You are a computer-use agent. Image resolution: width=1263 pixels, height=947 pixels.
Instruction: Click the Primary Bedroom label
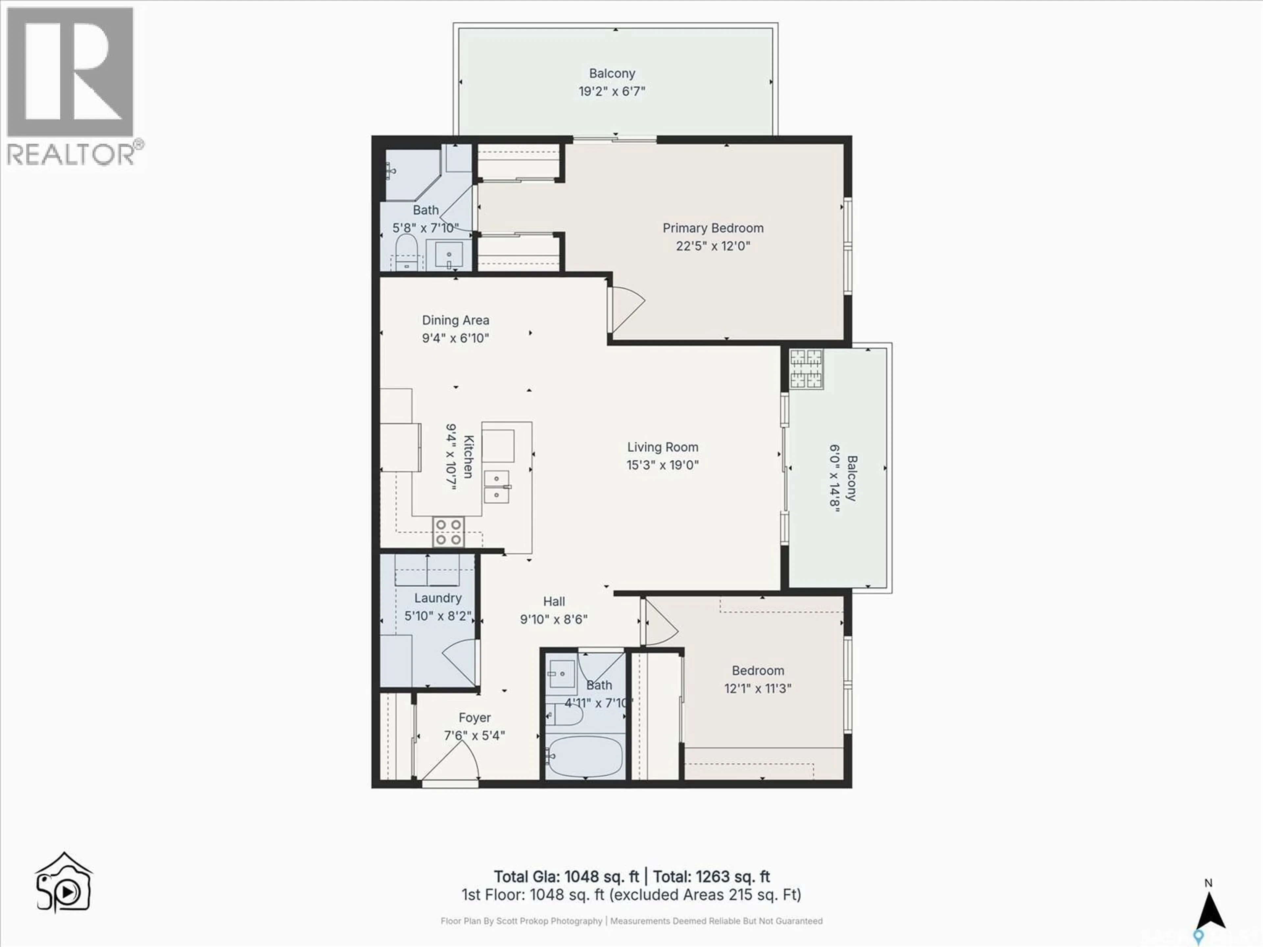pyautogui.click(x=713, y=228)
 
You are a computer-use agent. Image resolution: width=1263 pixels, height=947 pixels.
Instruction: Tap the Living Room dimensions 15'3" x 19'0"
pyautogui.click(x=662, y=465)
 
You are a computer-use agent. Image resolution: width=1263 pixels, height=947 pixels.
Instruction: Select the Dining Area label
pyautogui.click(x=455, y=320)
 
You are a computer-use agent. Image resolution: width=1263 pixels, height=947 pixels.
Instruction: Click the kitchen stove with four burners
pyautogui.click(x=448, y=531)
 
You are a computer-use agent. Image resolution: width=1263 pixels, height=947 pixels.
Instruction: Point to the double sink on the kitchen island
pyautogui.click(x=496, y=486)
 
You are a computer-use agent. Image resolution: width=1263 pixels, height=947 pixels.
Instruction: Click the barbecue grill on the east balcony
pyautogui.click(x=806, y=368)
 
